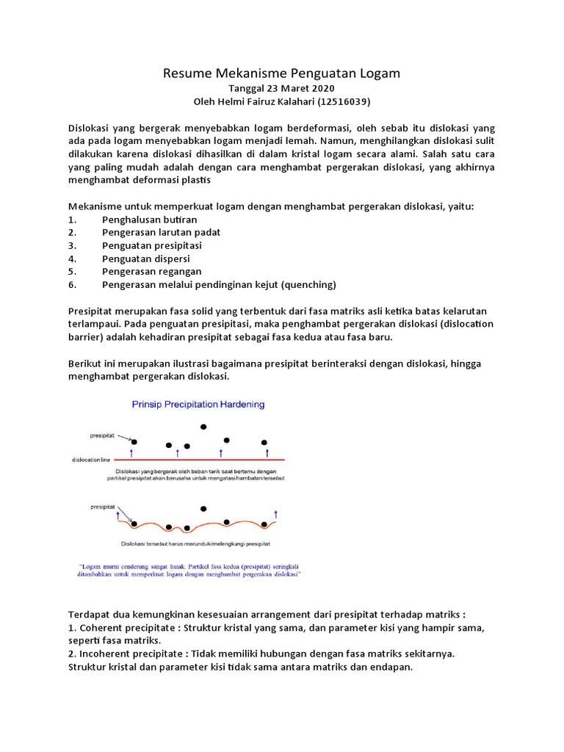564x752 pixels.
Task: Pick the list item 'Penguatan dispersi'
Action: click(x=145, y=258)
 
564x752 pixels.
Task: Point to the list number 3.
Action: click(x=72, y=245)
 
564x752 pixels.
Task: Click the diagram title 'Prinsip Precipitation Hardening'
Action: click(x=198, y=404)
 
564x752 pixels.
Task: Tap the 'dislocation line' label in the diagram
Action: click(x=90, y=460)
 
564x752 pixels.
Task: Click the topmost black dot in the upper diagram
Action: click(x=203, y=427)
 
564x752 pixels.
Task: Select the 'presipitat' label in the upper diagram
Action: click(x=102, y=433)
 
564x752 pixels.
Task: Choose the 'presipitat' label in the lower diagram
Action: click(x=102, y=506)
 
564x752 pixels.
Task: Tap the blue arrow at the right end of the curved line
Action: click(x=276, y=513)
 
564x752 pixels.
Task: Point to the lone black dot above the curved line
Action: click(x=203, y=508)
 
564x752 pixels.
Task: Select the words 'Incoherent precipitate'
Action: click(x=134, y=654)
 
